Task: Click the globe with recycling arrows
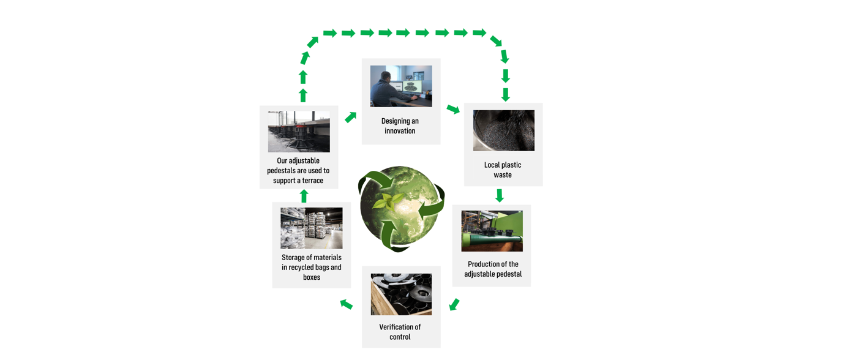point(401,208)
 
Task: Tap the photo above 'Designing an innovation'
point(401,86)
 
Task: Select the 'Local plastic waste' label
point(503,170)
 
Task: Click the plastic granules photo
point(503,130)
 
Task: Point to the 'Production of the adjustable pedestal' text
point(493,269)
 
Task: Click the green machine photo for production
point(492,231)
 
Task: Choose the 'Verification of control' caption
point(400,332)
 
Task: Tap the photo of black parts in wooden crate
point(401,294)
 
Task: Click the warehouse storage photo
point(311,228)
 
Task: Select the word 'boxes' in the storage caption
point(312,277)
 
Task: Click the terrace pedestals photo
point(299,132)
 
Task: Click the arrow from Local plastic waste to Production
point(500,195)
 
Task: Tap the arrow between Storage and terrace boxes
point(304,196)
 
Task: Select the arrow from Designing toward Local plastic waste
point(453,109)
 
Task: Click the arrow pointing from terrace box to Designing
point(350,117)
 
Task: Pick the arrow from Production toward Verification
point(454,304)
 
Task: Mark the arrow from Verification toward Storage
point(347,304)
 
